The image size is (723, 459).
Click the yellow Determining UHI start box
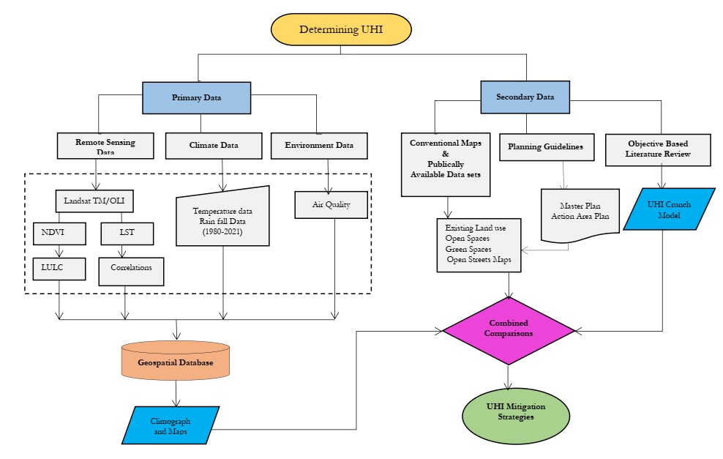pyautogui.click(x=341, y=29)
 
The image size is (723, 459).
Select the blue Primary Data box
pyautogui.click(x=197, y=97)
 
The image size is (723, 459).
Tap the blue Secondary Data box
pyautogui.click(x=525, y=97)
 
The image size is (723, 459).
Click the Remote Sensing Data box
pyautogui.click(x=105, y=145)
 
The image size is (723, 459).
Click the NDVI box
pyautogui.click(x=58, y=234)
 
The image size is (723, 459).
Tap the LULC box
pyautogui.click(x=58, y=268)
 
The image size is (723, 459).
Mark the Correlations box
pyautogui.click(x=131, y=269)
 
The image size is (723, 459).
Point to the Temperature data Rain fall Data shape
pyautogui.click(x=222, y=216)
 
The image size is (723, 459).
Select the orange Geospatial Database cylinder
pyautogui.click(x=176, y=361)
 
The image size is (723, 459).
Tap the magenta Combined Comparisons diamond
pyautogui.click(x=509, y=331)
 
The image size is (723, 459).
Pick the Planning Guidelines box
pyautogui.click(x=545, y=146)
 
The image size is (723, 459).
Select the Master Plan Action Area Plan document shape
pyautogui.click(x=580, y=214)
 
